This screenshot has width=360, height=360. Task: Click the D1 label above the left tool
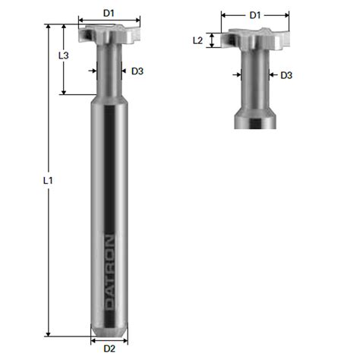pos(109,13)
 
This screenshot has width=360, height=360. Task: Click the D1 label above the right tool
pos(255,15)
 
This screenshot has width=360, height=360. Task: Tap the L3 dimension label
pos(64,55)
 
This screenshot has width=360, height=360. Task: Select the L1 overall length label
pos(48,180)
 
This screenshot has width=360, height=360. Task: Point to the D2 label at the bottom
pos(109,349)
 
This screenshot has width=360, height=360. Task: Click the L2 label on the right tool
pos(197,40)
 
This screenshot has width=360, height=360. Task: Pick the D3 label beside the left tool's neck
pos(137,71)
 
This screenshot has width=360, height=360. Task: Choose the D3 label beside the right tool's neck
pos(286,75)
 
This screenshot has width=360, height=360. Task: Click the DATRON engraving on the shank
pos(109,273)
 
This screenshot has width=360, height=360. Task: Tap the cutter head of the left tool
pos(109,34)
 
